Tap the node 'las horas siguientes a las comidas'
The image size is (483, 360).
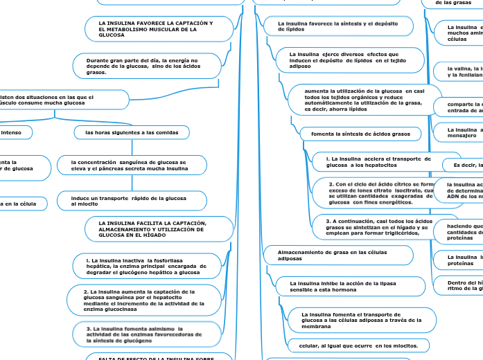coord(132,132)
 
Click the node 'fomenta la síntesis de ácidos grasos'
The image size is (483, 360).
coord(354,133)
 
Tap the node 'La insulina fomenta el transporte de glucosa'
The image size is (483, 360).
coord(362,319)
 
